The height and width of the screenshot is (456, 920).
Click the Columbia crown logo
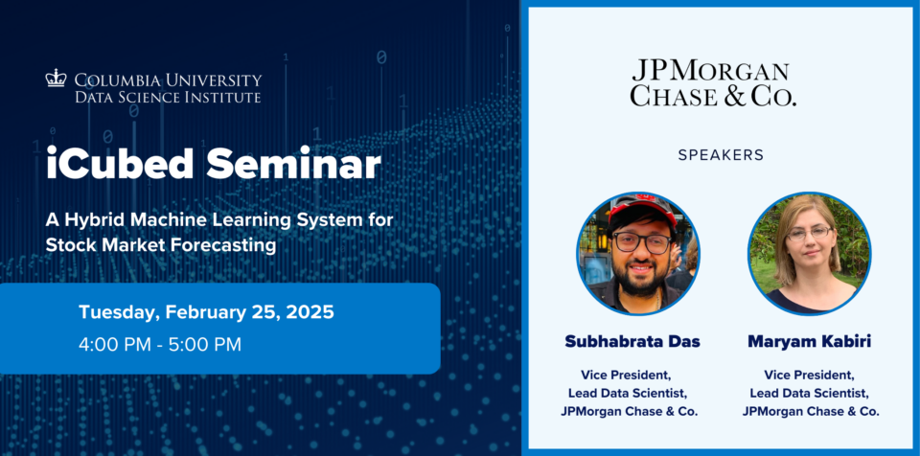(56, 79)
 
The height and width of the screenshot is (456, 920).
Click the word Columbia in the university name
(121, 80)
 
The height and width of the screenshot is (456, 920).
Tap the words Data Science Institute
(168, 97)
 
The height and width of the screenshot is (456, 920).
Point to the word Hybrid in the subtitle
(95, 220)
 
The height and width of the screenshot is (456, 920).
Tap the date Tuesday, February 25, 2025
(206, 312)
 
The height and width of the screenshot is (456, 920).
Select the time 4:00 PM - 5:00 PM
(160, 345)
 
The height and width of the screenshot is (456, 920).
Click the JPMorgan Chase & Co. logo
(713, 82)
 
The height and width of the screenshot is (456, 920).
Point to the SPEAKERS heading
(721, 155)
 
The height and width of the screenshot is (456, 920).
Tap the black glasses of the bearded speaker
(641, 241)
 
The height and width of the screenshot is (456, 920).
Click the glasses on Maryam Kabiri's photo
(810, 234)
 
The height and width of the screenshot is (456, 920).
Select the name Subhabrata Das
(632, 342)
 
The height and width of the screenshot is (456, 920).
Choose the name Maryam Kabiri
(809, 342)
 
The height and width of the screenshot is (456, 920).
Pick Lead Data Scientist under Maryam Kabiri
(809, 393)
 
